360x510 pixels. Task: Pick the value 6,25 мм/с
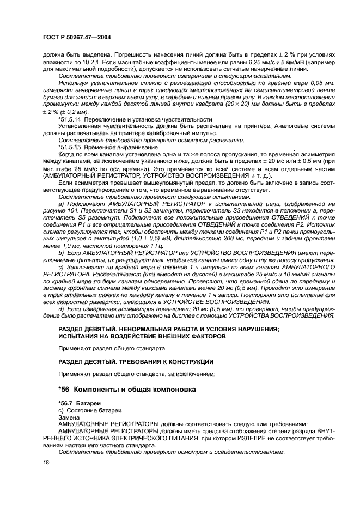[x=250, y=63]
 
